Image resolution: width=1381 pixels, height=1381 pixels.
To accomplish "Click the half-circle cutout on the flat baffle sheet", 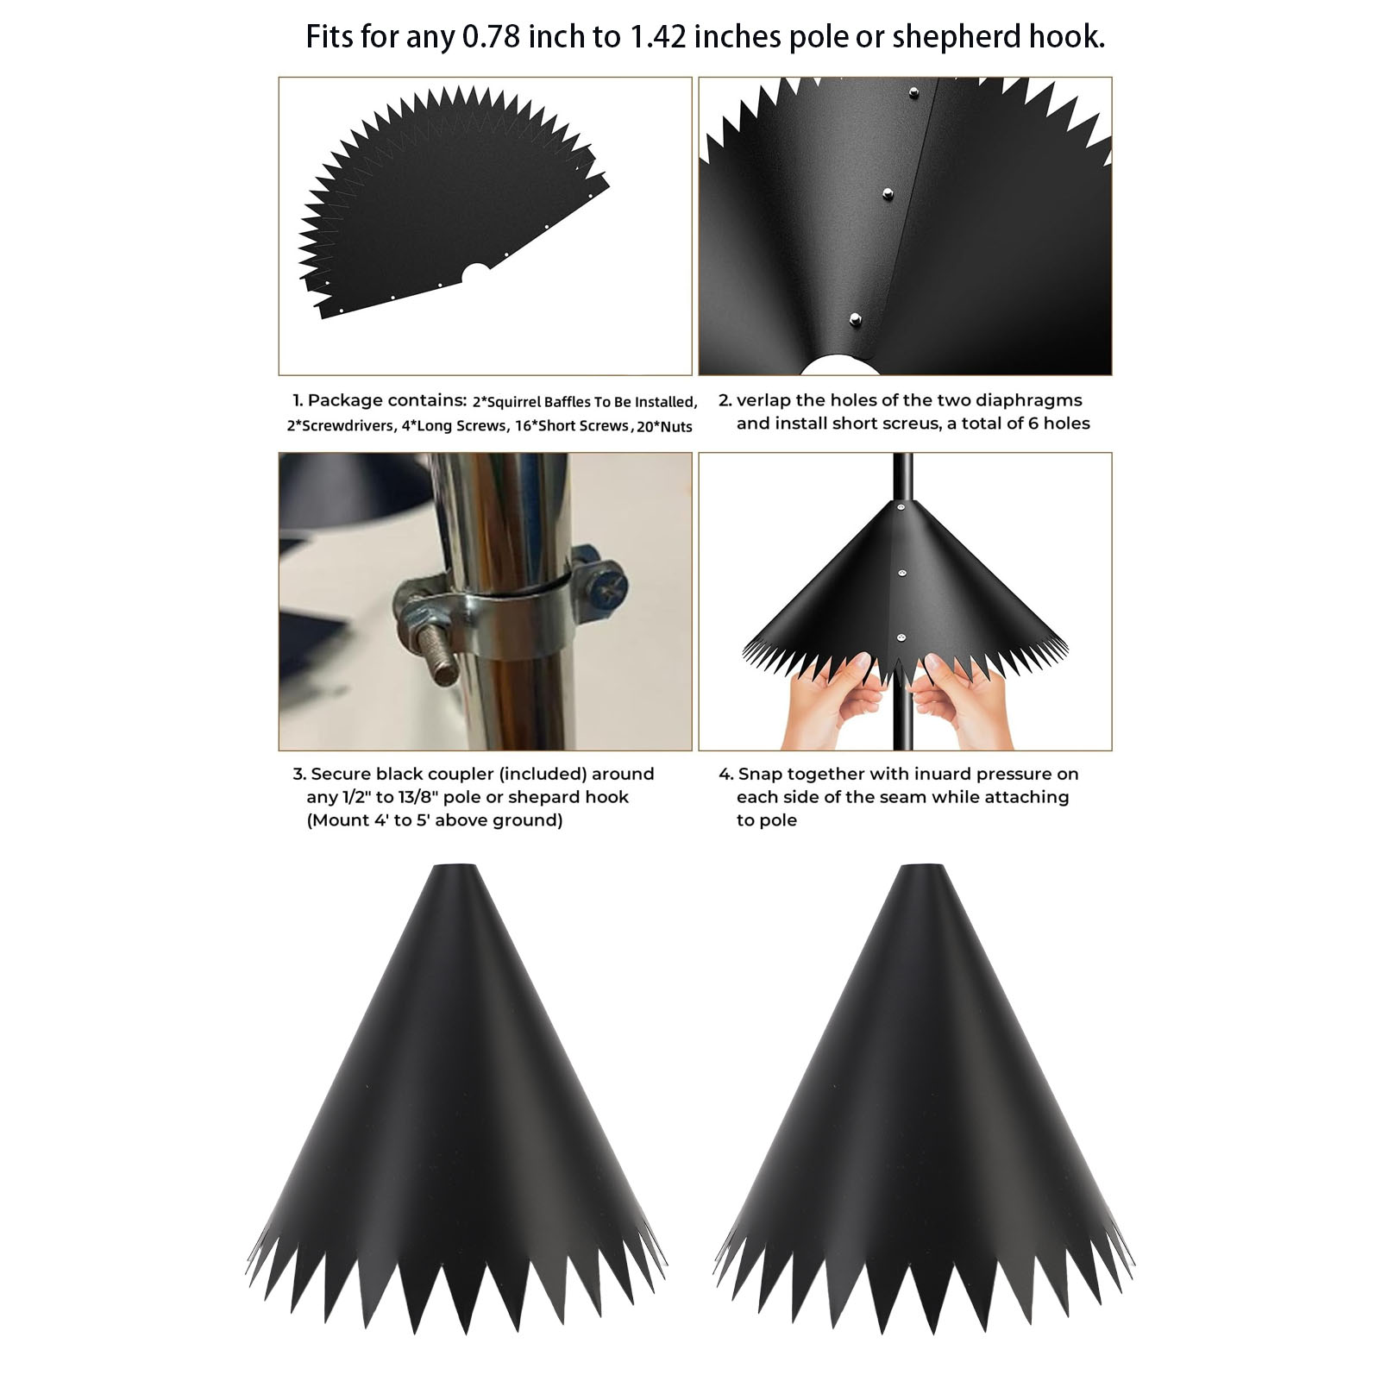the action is (474, 274).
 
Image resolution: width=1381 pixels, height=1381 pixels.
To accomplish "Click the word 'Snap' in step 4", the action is (761, 775).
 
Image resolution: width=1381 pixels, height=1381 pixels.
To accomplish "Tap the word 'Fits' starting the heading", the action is (329, 37).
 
